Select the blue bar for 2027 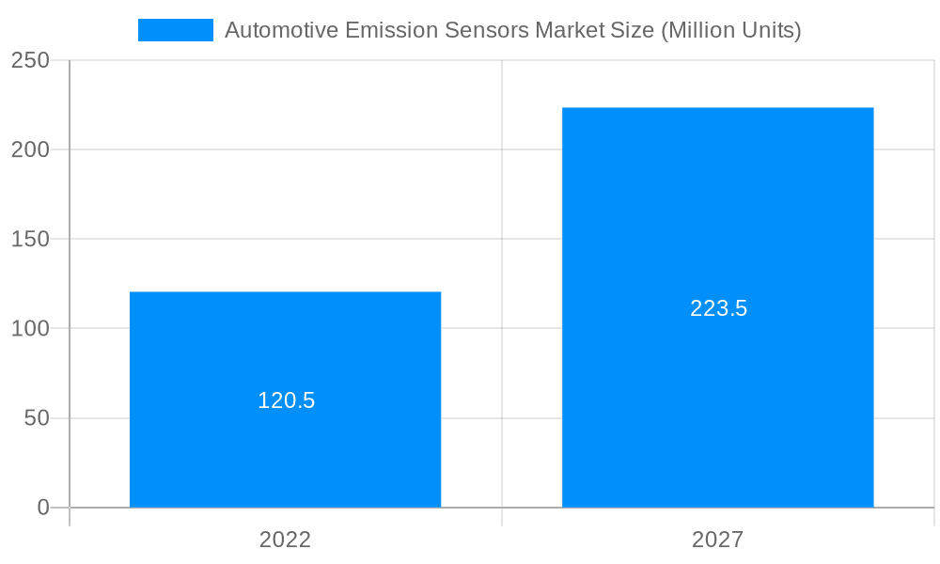(x=717, y=395)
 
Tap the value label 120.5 (x=286, y=400)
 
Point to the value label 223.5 (x=718, y=308)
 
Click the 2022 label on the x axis (x=285, y=540)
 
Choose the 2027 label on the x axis (x=717, y=540)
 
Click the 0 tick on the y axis (x=43, y=508)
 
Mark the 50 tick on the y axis (x=37, y=418)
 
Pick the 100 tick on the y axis (x=30, y=329)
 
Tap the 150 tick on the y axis (x=30, y=240)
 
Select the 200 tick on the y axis (x=30, y=149)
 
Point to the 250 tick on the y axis (x=30, y=60)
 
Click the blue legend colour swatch (x=176, y=30)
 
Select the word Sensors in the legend (x=482, y=30)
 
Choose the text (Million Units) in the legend (x=731, y=30)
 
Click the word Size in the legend (x=634, y=30)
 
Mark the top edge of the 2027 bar (x=717, y=108)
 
